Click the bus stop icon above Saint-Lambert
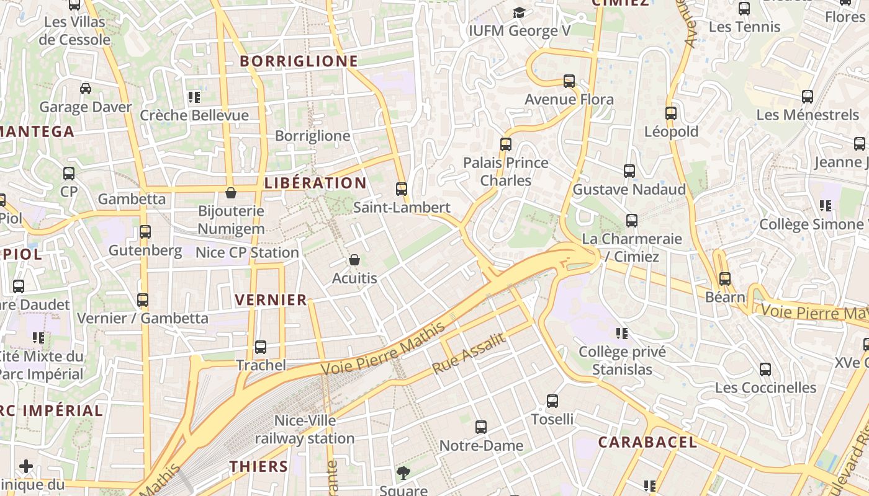click(402, 188)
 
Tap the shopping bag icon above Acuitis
click(354, 259)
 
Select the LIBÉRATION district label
click(315, 183)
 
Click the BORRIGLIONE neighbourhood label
click(299, 61)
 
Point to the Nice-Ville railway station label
click(305, 429)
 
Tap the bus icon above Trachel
click(261, 347)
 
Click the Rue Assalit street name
click(469, 353)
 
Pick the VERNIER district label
click(271, 300)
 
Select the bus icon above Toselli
click(552, 401)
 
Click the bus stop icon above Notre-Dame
click(481, 427)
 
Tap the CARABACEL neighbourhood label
click(647, 442)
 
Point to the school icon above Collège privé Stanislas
click(622, 334)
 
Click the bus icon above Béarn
click(725, 278)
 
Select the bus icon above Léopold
click(671, 113)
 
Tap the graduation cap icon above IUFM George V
click(519, 12)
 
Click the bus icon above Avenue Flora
click(569, 81)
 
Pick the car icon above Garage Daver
click(86, 88)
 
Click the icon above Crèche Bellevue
click(194, 97)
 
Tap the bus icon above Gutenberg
click(145, 231)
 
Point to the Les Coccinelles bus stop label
click(765, 387)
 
